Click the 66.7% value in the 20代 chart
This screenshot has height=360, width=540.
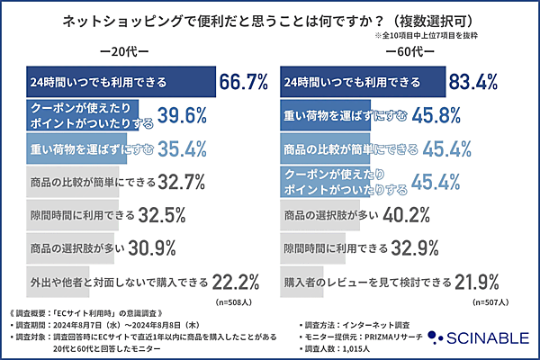click(244, 83)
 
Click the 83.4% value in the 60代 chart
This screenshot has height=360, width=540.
click(500, 83)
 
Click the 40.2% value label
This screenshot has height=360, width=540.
click(424, 216)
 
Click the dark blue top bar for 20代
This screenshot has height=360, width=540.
click(117, 83)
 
